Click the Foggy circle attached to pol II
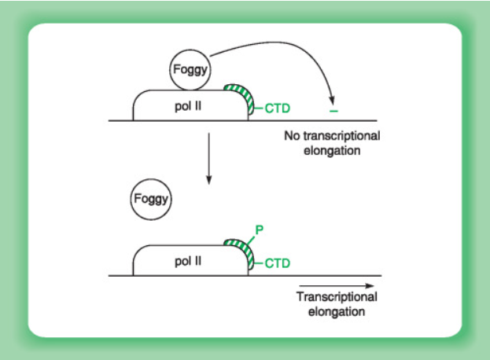tap(190, 72)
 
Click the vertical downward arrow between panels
tap(208, 158)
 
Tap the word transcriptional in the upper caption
tap(341, 136)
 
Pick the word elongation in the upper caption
tap(331, 149)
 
